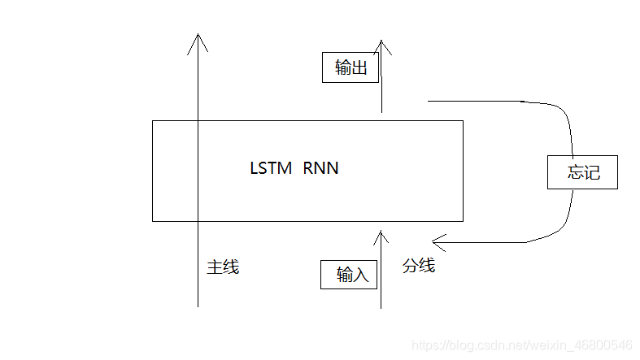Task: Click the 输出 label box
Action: [x=350, y=67]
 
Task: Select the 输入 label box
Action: [x=350, y=275]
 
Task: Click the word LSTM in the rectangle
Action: [x=271, y=169]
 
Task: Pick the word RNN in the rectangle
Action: [x=320, y=169]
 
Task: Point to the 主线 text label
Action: [x=223, y=267]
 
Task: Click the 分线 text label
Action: [x=419, y=266]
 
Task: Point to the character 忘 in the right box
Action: [x=577, y=172]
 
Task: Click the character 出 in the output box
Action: [x=359, y=67]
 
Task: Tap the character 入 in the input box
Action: [x=360, y=275]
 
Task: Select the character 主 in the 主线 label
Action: [x=215, y=267]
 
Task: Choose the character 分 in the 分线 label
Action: [x=411, y=266]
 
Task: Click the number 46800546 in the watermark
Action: [x=603, y=345]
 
